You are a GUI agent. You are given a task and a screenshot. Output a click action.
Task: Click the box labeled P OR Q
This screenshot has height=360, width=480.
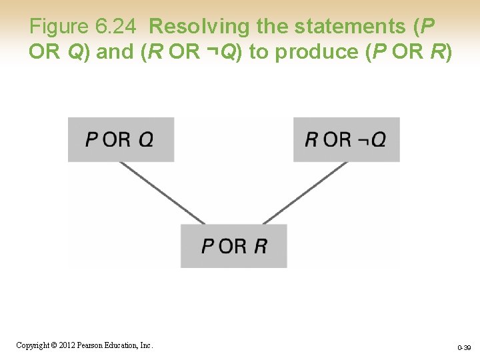[x=121, y=139]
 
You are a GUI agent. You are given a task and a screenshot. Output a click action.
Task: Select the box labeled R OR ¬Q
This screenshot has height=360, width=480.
[x=346, y=139]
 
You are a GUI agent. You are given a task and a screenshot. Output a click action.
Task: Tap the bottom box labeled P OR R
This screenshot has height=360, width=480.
[x=233, y=246]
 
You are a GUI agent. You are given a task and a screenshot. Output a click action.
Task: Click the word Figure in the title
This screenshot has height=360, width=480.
[x=59, y=27]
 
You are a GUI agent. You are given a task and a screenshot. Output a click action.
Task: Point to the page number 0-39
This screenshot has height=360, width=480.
[x=464, y=347]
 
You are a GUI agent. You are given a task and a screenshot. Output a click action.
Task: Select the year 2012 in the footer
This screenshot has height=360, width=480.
[x=65, y=345]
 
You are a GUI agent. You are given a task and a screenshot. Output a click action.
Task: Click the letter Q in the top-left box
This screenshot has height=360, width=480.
[x=146, y=139]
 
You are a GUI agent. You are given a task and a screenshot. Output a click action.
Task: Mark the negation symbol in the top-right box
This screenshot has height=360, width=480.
[x=361, y=140]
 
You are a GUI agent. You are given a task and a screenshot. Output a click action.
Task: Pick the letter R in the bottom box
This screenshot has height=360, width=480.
[x=260, y=246]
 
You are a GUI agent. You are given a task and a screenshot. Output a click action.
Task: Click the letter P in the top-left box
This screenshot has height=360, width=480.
[x=91, y=139]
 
